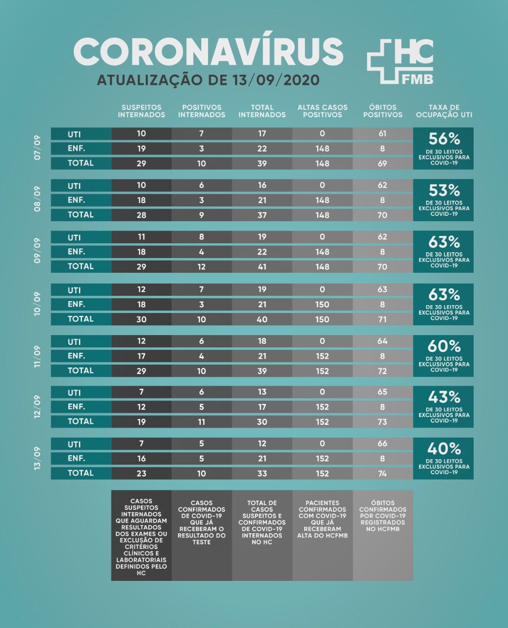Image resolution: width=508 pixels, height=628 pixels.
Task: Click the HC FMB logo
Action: click(x=400, y=61)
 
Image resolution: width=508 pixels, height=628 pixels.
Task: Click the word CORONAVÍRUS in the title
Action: click(x=208, y=51)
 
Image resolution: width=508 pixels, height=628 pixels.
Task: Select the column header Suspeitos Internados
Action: click(x=141, y=111)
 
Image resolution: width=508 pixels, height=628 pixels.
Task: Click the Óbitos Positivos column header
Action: click(x=383, y=111)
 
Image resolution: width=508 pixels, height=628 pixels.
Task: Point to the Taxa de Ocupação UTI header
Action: click(x=444, y=111)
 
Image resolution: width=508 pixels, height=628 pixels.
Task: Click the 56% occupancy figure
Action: click(x=444, y=139)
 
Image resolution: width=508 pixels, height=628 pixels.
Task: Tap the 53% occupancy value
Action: click(x=444, y=190)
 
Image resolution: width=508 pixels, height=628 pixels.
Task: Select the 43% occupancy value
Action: click(x=444, y=397)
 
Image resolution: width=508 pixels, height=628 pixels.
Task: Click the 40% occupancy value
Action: click(x=444, y=449)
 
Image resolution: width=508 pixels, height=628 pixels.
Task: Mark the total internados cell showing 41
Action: click(x=262, y=266)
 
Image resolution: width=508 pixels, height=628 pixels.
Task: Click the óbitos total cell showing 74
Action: click(x=383, y=473)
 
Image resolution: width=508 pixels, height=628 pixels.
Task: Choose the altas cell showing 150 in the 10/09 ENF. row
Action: click(x=322, y=305)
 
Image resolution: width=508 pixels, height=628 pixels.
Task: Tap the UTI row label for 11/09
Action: click(x=75, y=341)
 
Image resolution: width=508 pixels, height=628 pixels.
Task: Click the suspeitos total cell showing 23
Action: click(x=141, y=473)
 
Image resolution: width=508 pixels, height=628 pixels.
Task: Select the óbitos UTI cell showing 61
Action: click(x=383, y=133)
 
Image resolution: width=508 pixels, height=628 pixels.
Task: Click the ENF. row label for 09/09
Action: click(x=76, y=252)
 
